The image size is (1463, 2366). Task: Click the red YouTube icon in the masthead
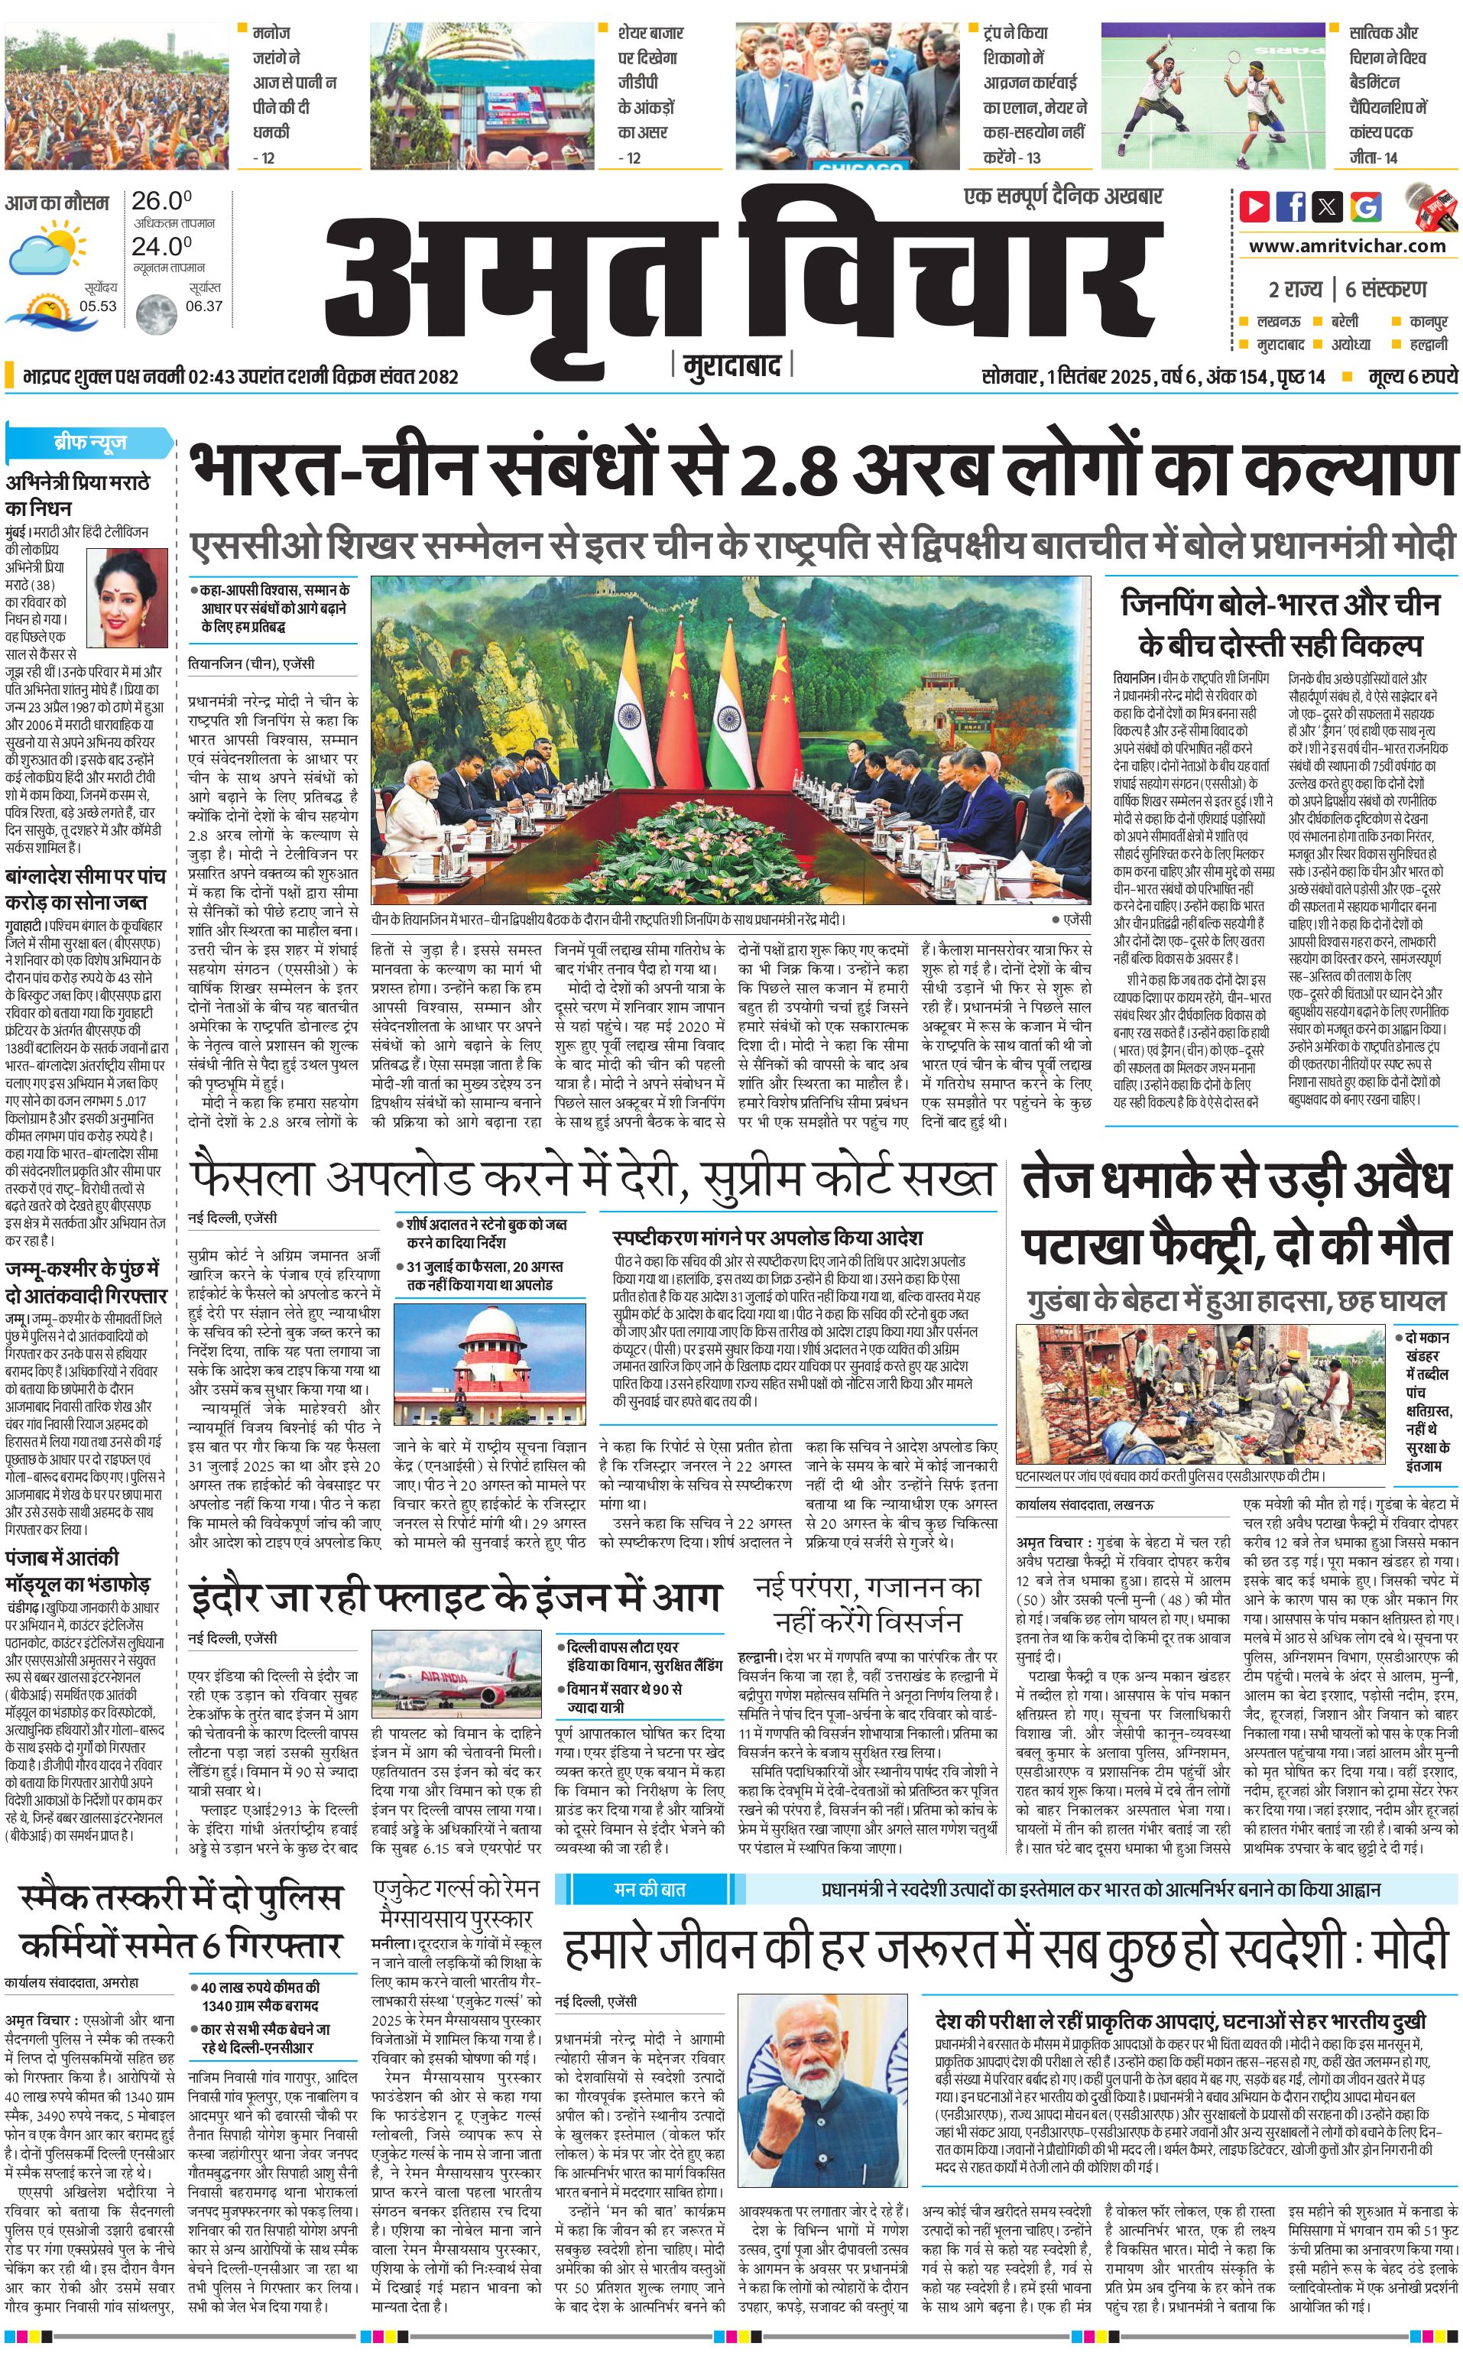coord(1254,206)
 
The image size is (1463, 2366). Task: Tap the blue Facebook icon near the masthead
coord(1291,206)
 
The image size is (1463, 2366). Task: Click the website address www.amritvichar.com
coord(1347,246)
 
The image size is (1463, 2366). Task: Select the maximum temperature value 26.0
coord(161,201)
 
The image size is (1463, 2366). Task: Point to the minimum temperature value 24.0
coord(161,247)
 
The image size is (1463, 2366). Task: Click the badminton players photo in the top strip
coord(1212,95)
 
